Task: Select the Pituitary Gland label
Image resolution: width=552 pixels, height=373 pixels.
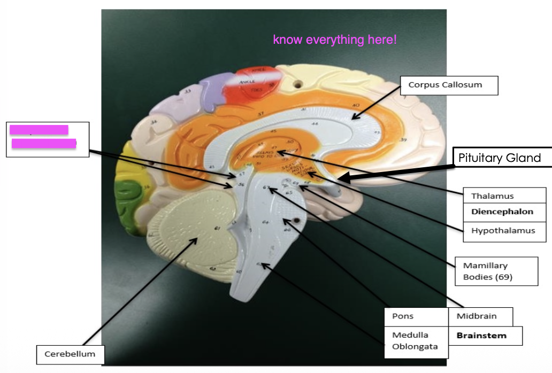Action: [499, 158]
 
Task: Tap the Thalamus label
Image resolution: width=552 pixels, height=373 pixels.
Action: [492, 196]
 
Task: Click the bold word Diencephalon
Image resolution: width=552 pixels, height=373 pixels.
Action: [502, 212]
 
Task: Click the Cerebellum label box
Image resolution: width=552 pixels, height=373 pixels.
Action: [70, 354]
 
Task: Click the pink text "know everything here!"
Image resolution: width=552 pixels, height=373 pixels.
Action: [335, 40]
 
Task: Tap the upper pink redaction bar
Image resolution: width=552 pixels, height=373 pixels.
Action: [39, 130]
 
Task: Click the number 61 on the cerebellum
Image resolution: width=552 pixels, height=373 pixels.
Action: [217, 229]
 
